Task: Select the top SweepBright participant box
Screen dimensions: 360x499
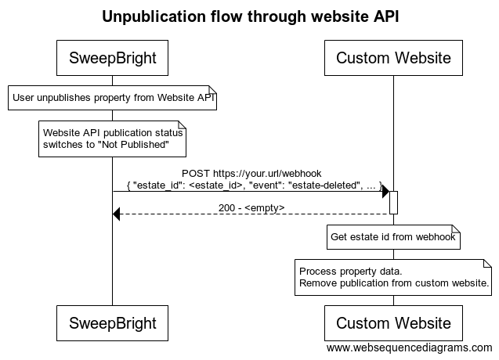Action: [112, 58]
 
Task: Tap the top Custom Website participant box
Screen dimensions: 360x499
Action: [393, 58]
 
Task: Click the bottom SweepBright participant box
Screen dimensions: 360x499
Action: [112, 323]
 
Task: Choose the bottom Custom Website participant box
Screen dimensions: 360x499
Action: [393, 323]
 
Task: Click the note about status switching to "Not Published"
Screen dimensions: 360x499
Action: [112, 139]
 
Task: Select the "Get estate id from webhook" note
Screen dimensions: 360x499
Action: [393, 237]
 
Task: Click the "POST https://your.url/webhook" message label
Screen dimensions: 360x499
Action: [251, 173]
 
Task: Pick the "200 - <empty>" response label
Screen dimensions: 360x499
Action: [251, 207]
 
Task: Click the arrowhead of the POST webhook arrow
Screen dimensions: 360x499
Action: [385, 192]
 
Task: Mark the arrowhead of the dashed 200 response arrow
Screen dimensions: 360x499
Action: [117, 214]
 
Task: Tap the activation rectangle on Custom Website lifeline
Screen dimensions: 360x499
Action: [393, 202]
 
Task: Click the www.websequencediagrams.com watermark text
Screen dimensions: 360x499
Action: [409, 347]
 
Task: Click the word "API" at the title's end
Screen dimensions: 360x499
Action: [385, 17]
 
